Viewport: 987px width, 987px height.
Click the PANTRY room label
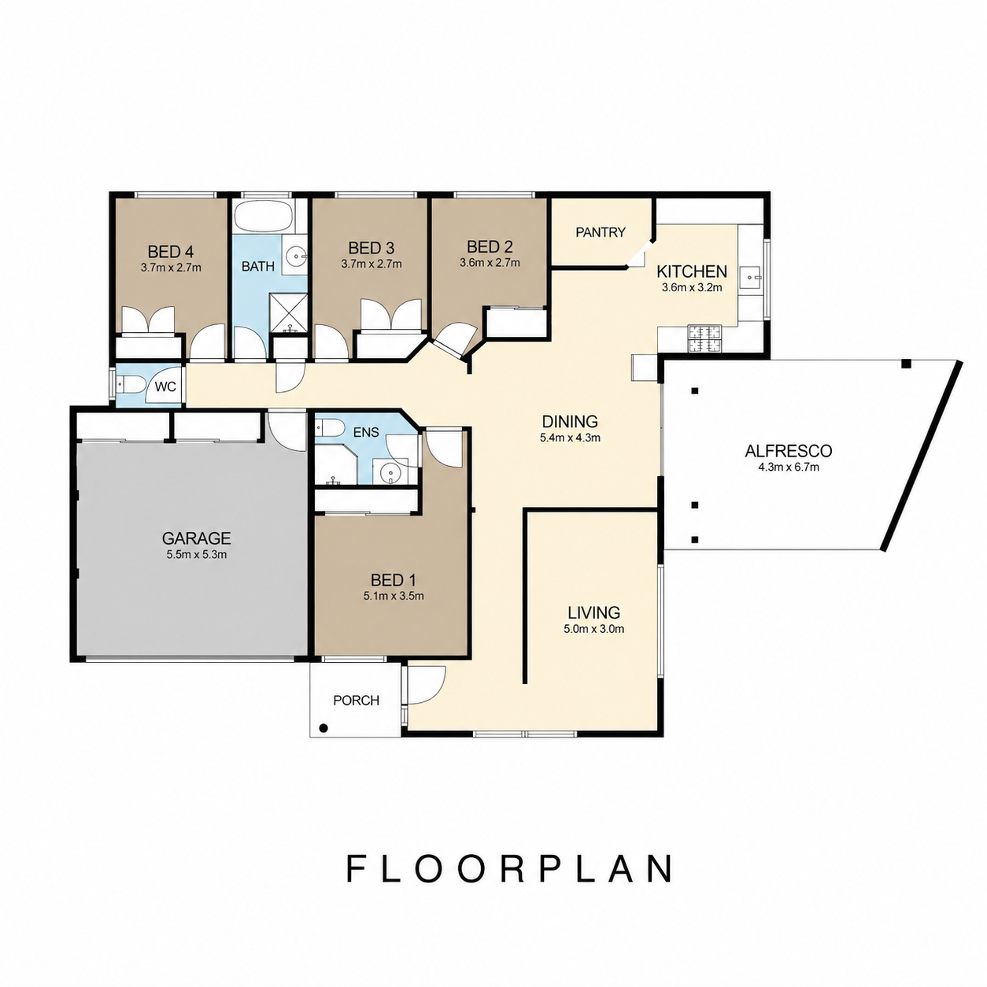[601, 232]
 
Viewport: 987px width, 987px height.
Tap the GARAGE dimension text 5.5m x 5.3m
[197, 554]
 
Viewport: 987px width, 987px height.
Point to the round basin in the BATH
[296, 256]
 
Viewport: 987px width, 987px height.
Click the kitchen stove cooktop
[704, 338]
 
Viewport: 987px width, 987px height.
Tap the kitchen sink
[755, 278]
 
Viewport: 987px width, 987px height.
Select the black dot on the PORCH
[323, 728]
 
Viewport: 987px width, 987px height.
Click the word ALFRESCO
[789, 451]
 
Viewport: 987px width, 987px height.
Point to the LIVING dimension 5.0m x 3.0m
[593, 629]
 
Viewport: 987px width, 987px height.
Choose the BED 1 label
[393, 580]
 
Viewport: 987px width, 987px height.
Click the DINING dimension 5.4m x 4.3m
[570, 438]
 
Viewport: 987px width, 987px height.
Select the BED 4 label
[171, 252]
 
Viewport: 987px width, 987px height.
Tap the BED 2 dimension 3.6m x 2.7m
[490, 263]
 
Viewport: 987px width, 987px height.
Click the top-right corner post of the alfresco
[906, 364]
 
